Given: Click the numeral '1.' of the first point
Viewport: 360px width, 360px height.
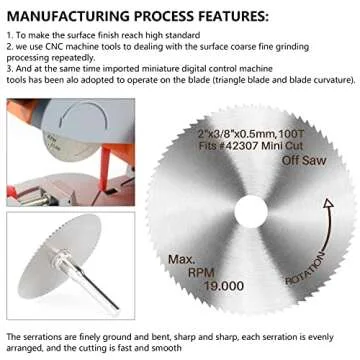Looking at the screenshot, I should (9, 35).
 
